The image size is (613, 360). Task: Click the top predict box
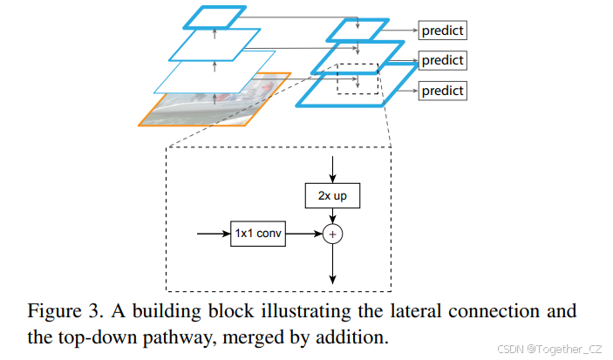442,31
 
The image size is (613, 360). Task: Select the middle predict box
442,61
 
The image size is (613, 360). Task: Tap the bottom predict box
442,91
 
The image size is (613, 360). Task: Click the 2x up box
332,196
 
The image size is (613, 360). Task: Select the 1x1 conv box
258,234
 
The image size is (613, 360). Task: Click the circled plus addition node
332,234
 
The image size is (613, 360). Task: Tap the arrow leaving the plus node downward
332,265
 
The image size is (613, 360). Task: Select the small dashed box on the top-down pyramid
358,78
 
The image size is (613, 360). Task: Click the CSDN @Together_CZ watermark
545,349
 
